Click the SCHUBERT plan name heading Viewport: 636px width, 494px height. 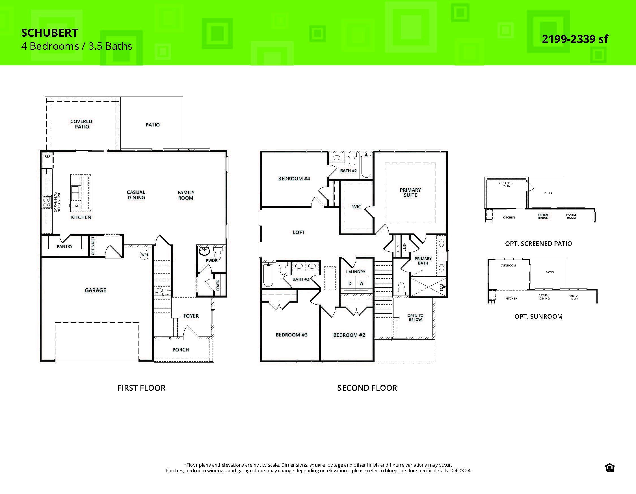(x=49, y=33)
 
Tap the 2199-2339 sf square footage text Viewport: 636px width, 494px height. (x=575, y=39)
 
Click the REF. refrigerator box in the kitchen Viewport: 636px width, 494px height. (x=47, y=159)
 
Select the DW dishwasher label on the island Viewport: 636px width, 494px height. (x=76, y=206)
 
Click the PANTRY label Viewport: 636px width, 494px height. (x=64, y=246)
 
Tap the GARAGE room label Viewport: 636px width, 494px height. (x=95, y=290)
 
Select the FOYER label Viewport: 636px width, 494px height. (x=191, y=316)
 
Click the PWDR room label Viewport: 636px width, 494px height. (x=212, y=261)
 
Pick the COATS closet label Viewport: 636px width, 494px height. (x=218, y=285)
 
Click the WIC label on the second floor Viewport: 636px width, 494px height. (x=356, y=207)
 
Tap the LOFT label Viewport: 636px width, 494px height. (x=298, y=232)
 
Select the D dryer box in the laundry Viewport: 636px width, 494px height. (x=350, y=283)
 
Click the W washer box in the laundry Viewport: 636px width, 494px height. (x=362, y=283)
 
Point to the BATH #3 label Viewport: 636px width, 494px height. (x=300, y=279)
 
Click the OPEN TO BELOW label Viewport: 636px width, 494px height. (x=415, y=318)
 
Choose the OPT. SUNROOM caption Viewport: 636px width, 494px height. (x=538, y=316)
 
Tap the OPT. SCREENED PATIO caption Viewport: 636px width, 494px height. (x=538, y=244)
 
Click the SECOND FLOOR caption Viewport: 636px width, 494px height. (x=367, y=388)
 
